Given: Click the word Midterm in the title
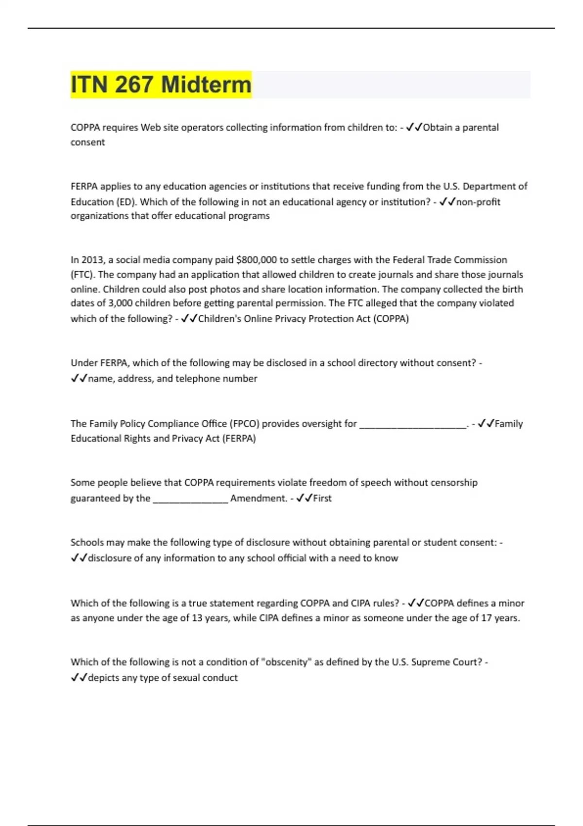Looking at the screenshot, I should click(206, 85).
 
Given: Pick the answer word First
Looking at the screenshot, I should click(323, 498).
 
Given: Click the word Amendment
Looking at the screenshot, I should click(258, 498).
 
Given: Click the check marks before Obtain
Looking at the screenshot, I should click(414, 127).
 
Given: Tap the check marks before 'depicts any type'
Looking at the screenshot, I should click(79, 678).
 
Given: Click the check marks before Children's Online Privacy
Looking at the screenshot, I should click(189, 319).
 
